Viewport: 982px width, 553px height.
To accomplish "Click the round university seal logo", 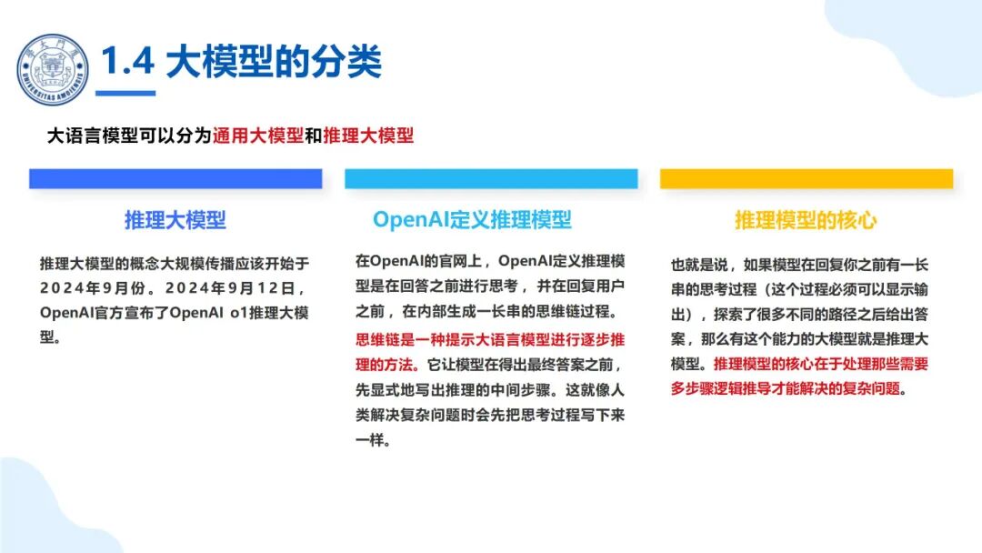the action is (53, 69).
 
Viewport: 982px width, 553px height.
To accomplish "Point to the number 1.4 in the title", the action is (128, 61).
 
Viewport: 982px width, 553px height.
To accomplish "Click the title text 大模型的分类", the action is (274, 61).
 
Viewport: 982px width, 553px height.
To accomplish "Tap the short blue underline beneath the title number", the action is (125, 94).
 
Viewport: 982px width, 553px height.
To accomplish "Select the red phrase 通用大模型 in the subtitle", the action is (258, 136).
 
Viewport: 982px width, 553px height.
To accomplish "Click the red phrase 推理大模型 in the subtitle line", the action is (368, 136).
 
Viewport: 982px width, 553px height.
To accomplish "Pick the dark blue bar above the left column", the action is (175, 178).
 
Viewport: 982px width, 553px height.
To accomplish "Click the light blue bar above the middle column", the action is (491, 178).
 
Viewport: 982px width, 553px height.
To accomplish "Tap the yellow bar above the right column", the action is (807, 178).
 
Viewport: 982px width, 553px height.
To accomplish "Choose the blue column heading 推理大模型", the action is (175, 220).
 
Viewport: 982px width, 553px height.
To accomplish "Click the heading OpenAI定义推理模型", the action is (472, 220).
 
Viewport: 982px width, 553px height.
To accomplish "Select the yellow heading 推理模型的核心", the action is (806, 220).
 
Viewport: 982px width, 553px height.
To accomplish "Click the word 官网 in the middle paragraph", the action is (454, 261).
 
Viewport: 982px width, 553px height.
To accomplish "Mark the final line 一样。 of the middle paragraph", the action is (374, 440).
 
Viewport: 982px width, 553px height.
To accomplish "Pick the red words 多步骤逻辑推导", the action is (721, 389).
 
